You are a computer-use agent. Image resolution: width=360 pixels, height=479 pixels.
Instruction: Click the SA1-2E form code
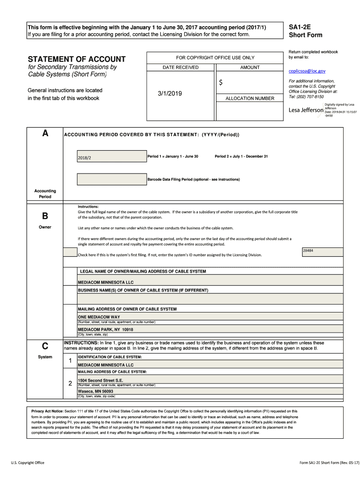(300, 28)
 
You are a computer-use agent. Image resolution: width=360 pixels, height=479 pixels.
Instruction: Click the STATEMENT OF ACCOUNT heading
(77, 59)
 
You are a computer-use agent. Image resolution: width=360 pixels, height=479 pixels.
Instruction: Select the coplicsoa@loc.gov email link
(306, 71)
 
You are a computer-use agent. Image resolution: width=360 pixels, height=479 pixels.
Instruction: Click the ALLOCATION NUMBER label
(250, 99)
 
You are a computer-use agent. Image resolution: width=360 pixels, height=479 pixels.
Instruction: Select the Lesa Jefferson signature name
(306, 110)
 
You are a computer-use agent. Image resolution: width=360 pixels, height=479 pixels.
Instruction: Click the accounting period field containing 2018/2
(111, 157)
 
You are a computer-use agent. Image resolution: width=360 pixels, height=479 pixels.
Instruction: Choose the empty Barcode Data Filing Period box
(111, 179)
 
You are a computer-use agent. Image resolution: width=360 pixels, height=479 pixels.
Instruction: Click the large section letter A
(45, 133)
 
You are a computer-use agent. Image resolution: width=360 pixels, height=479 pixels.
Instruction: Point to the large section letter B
(45, 216)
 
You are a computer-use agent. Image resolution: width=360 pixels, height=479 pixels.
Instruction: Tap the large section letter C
(45, 346)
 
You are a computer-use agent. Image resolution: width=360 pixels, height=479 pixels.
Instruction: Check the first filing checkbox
(70, 253)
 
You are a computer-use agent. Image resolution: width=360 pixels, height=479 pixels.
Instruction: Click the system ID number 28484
(308, 251)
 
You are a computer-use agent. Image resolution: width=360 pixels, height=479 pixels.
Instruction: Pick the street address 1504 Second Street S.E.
(101, 380)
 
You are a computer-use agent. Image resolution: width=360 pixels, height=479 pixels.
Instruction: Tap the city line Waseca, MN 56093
(95, 391)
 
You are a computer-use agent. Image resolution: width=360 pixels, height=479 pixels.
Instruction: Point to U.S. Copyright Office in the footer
(28, 463)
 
